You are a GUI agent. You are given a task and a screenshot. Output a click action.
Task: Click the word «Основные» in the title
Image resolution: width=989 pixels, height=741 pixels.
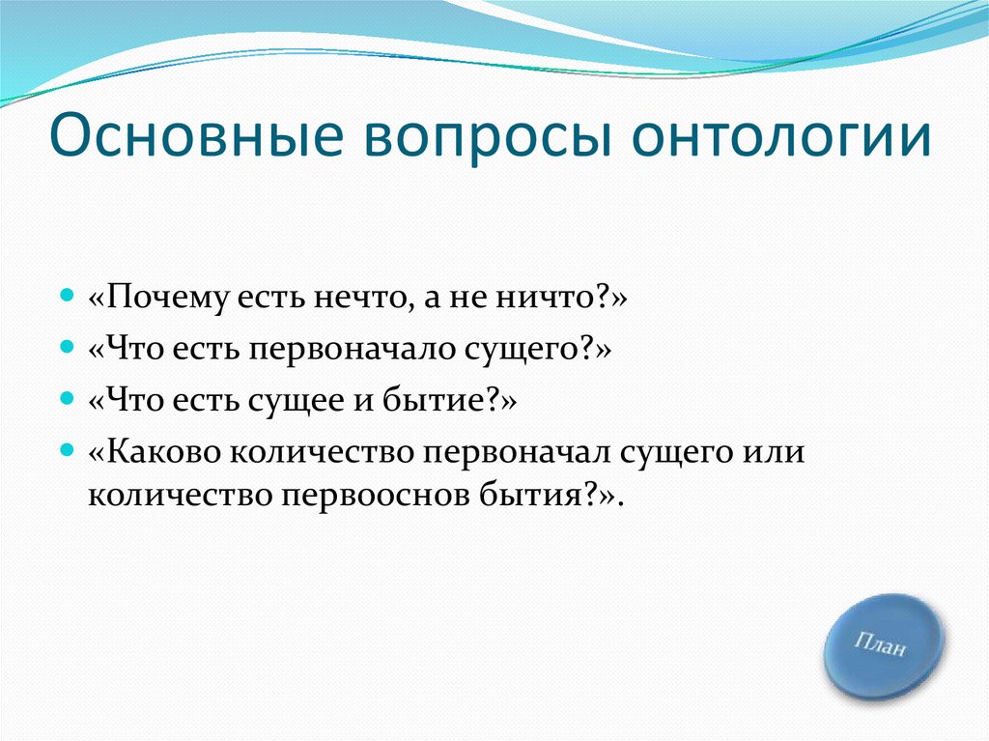pos(196,135)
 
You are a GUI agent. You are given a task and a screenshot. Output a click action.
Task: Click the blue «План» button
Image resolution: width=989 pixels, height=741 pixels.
pos(883,646)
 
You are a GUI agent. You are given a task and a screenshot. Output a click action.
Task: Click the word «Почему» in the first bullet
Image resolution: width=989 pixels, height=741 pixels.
pos(168,297)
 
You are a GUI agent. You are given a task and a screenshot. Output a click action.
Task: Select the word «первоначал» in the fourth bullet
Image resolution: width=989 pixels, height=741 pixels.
pos(517,453)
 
